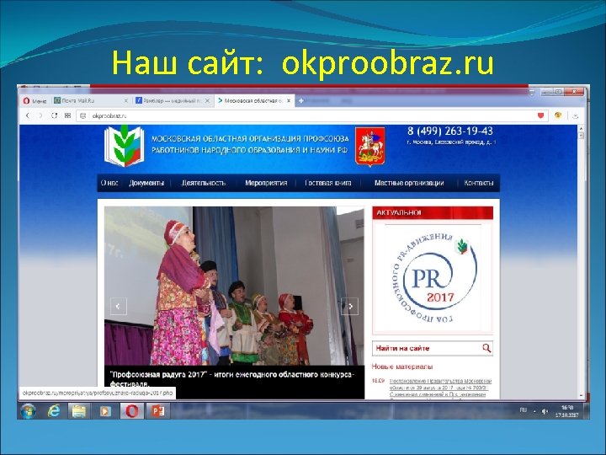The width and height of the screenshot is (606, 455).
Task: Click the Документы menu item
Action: [146, 183]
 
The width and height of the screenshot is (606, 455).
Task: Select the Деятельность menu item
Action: [204, 183]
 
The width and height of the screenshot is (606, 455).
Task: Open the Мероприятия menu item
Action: [266, 183]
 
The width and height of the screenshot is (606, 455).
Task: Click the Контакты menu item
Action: [479, 183]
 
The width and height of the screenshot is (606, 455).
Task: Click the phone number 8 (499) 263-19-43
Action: [450, 131]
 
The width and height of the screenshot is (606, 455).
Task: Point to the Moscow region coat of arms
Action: [368, 146]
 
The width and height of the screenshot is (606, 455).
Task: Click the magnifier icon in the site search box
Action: [486, 347]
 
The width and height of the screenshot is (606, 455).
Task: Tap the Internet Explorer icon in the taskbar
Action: [55, 410]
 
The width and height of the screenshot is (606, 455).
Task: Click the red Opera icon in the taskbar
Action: [130, 410]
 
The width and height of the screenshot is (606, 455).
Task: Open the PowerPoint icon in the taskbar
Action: [157, 410]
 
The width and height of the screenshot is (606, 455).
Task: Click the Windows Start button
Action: [29, 410]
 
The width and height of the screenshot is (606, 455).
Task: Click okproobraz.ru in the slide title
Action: [388, 64]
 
